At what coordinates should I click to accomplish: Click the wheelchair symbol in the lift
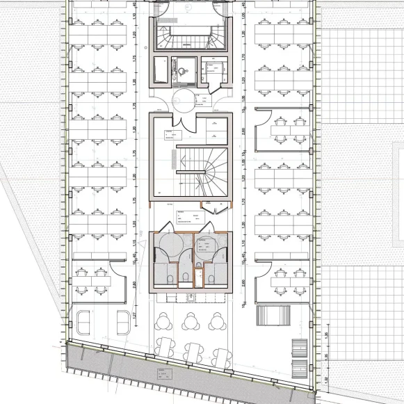182,70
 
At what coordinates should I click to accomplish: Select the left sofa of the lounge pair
83,321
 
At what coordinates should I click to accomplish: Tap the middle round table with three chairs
190,321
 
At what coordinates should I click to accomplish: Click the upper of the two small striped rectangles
298,346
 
